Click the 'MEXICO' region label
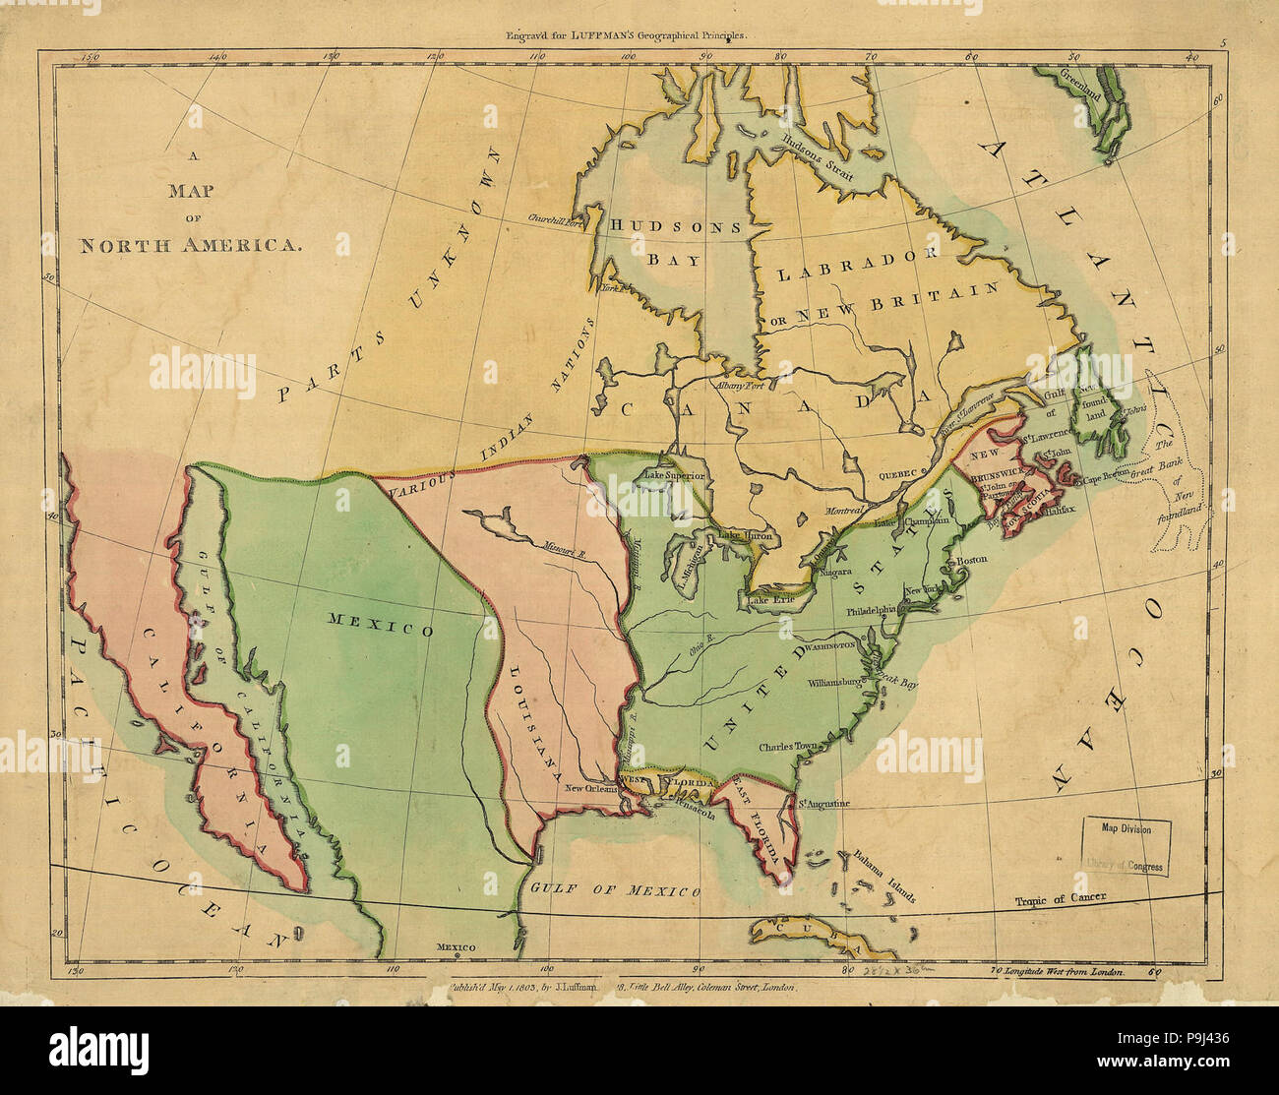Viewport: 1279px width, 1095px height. [381, 625]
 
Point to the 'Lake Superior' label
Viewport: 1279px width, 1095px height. [674, 477]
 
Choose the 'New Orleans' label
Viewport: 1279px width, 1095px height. [590, 788]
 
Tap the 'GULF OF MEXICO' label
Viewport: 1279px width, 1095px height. [616, 890]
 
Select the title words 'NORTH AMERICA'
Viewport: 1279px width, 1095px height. [189, 246]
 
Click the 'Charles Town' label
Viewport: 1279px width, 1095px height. [788, 747]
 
